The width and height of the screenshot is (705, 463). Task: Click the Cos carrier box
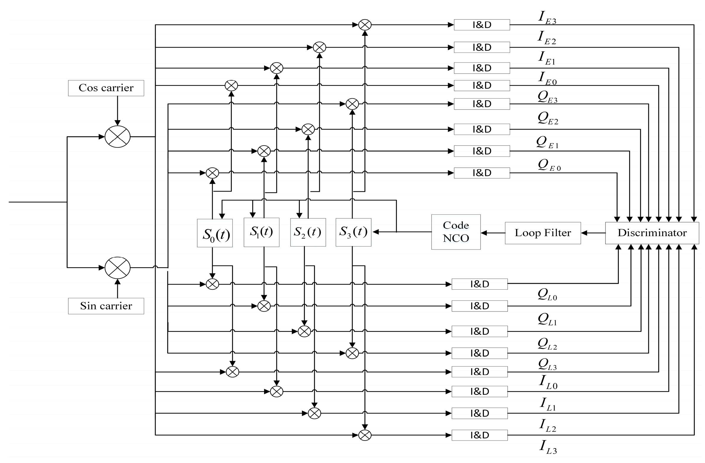[106, 88]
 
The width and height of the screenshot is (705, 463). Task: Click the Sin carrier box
[106, 306]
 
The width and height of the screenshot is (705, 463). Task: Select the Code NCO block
[456, 232]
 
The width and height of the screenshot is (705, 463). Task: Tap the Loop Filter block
[543, 233]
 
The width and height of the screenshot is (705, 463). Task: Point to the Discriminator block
[652, 233]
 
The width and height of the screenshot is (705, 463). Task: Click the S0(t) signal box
[215, 233]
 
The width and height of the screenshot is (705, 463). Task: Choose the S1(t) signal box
[261, 232]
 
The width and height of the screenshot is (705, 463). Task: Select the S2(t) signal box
[308, 233]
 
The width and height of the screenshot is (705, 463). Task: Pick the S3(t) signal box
[353, 232]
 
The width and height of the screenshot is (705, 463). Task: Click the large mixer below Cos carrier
[118, 136]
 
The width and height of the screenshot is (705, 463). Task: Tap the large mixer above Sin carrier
[118, 268]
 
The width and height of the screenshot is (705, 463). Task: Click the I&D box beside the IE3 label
[482, 25]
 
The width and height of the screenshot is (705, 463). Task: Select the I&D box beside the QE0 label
[482, 173]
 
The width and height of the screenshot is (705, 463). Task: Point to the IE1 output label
[546, 58]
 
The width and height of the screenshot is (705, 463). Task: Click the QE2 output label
[548, 118]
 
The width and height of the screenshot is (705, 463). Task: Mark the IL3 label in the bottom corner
[548, 447]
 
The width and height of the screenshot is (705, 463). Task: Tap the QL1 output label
[547, 319]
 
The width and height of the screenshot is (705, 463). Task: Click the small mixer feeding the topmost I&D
[365, 25]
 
